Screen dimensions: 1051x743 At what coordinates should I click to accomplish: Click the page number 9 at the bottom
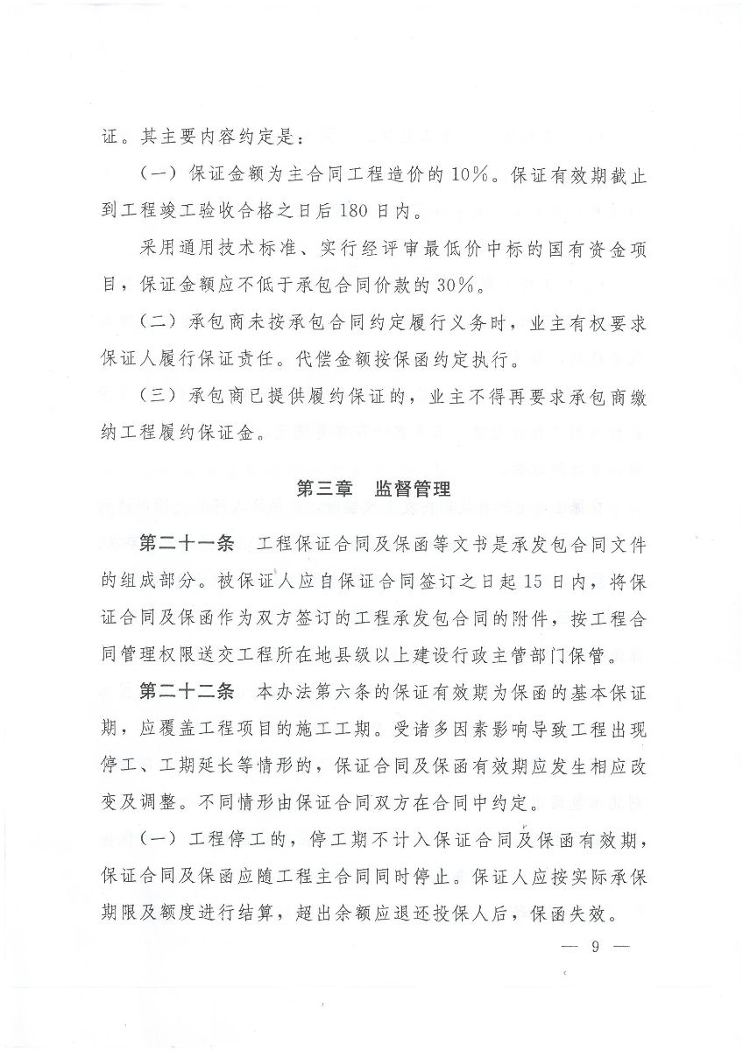(x=593, y=948)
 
